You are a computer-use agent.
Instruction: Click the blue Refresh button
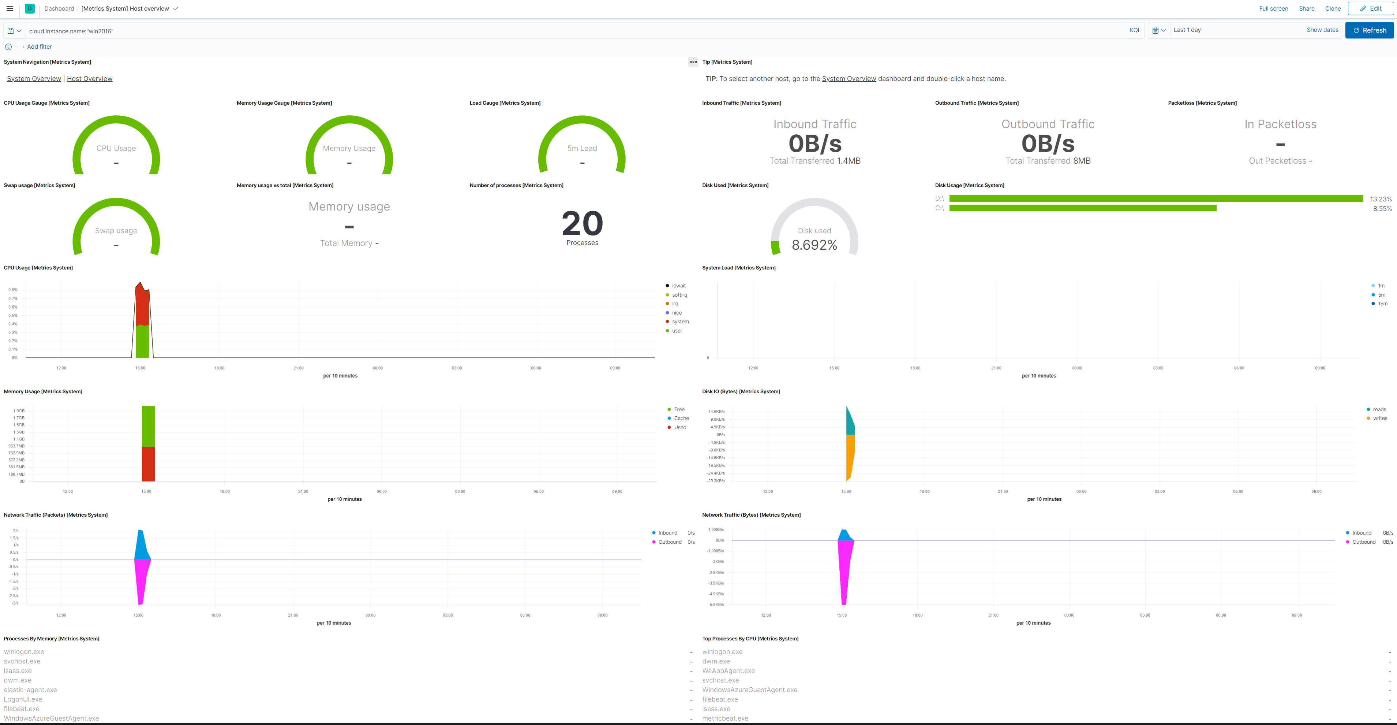pyautogui.click(x=1369, y=30)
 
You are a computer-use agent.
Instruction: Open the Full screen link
pyautogui.click(x=1273, y=9)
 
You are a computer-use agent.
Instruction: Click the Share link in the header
pyautogui.click(x=1306, y=9)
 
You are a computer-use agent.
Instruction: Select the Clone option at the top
pyautogui.click(x=1333, y=9)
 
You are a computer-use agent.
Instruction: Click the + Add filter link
pyautogui.click(x=37, y=47)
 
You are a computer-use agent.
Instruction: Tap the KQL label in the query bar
pyautogui.click(x=1135, y=30)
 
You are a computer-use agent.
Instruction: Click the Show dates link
pyautogui.click(x=1322, y=30)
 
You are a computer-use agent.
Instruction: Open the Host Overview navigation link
pyautogui.click(x=90, y=79)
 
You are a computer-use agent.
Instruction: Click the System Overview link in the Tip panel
pyautogui.click(x=849, y=79)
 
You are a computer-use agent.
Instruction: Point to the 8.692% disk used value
pyautogui.click(x=814, y=245)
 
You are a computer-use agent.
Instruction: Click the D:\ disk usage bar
pyautogui.click(x=1155, y=198)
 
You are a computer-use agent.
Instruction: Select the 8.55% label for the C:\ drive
pyautogui.click(x=1382, y=208)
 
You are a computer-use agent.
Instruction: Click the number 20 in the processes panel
pyautogui.click(x=582, y=224)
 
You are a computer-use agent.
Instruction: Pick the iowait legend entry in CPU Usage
pyautogui.click(x=678, y=286)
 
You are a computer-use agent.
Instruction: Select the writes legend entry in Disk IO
pyautogui.click(x=1380, y=419)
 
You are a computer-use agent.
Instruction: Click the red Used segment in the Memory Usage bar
pyautogui.click(x=148, y=464)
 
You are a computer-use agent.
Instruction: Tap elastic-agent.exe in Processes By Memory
pyautogui.click(x=30, y=690)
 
